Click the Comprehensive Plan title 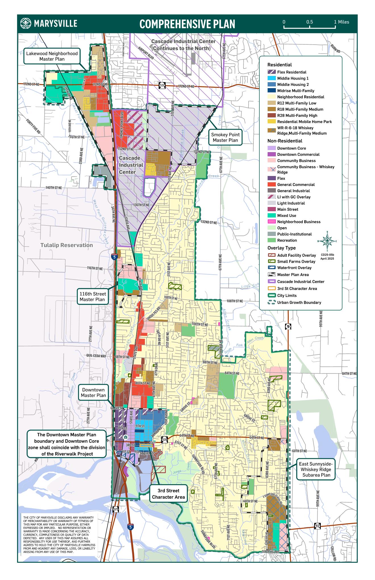coord(187,24)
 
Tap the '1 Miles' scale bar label coord(341,22)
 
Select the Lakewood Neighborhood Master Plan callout coord(52,56)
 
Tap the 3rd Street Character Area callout coord(168,494)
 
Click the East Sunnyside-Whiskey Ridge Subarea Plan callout coord(316,469)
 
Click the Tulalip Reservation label coord(66,245)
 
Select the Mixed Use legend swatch coord(272,216)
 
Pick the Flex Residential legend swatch coord(272,72)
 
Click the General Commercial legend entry coord(295,185)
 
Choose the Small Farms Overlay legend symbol coord(272,262)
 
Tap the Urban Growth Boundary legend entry coord(299,303)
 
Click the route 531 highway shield coord(161,85)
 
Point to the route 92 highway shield coord(317,526)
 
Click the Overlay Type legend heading coord(281,248)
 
